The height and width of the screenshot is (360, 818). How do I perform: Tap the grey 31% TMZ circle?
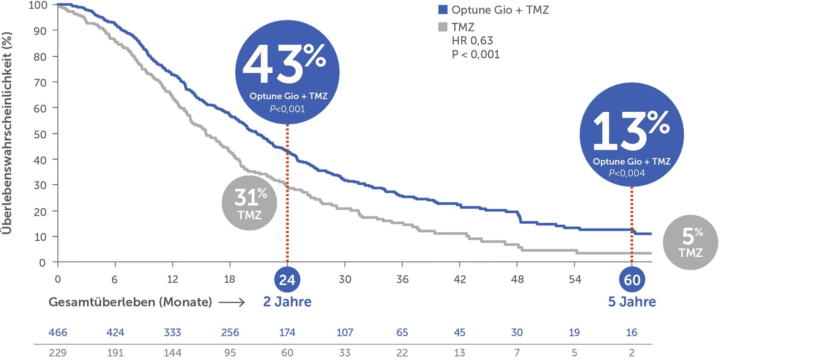click(x=249, y=203)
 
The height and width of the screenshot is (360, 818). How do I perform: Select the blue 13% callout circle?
click(x=631, y=135)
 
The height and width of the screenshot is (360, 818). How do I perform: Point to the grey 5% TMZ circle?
click(x=690, y=242)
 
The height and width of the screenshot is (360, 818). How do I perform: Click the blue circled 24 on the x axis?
click(x=287, y=279)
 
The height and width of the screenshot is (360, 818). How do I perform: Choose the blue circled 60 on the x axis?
click(x=631, y=279)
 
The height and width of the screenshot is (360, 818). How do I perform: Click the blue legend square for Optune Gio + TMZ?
click(x=443, y=10)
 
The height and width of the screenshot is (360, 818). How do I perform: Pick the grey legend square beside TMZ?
click(x=443, y=27)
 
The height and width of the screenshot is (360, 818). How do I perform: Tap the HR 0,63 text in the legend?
click(x=472, y=40)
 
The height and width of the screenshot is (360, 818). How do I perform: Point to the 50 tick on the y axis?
click(x=40, y=134)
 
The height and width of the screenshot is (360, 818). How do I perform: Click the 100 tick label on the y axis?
click(x=38, y=5)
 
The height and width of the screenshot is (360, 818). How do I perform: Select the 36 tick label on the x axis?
click(x=402, y=279)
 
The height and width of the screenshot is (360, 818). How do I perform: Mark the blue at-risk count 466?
click(x=58, y=332)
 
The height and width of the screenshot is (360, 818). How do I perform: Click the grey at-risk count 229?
click(x=58, y=353)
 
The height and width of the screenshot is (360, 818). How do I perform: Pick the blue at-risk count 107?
click(x=345, y=332)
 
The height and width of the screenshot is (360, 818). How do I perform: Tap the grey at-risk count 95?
click(x=230, y=353)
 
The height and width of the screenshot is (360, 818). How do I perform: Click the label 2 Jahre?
click(x=287, y=302)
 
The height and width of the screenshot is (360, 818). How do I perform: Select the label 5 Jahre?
click(x=632, y=302)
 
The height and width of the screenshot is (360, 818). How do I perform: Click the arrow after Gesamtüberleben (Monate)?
click(x=232, y=302)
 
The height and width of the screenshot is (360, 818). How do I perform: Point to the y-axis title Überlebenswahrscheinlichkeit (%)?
click(x=7, y=133)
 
